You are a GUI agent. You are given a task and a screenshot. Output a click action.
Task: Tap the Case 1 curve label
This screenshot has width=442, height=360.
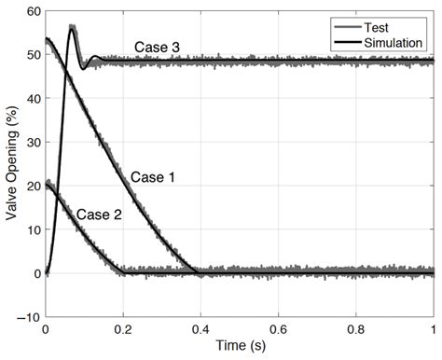click(152, 176)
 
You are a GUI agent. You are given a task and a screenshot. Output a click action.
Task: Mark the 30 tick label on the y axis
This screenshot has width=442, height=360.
click(34, 142)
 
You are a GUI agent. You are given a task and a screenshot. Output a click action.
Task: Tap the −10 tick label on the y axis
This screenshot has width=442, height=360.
click(29, 317)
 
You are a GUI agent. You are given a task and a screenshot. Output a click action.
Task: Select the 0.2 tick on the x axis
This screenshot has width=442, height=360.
click(123, 329)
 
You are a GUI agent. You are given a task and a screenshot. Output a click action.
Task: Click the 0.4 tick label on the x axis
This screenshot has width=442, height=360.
click(200, 329)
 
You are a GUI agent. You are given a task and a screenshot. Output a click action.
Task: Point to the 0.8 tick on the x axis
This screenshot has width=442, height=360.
click(356, 329)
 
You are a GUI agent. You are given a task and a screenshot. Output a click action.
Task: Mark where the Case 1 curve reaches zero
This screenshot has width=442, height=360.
click(198, 272)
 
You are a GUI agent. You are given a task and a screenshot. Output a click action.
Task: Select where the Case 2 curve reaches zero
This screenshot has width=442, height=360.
click(127, 272)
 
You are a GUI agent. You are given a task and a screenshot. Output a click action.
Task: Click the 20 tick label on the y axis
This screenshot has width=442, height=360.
click(34, 186)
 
